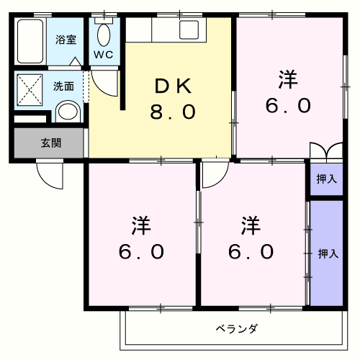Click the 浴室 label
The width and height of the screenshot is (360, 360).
click(66, 40)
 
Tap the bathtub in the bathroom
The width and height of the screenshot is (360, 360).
click(31, 42)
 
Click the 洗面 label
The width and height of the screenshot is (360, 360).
click(63, 86)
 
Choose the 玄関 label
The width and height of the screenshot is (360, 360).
click(50, 143)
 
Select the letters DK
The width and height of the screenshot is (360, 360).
click(173, 86)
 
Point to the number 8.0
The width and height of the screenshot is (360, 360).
click(173, 113)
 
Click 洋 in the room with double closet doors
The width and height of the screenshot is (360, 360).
click(288, 79)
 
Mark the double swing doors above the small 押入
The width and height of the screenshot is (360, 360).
click(325, 153)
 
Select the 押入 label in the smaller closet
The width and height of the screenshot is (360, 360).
click(326, 179)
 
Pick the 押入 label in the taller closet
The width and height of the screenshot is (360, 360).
click(328, 253)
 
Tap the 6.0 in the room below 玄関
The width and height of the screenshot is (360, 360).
click(141, 252)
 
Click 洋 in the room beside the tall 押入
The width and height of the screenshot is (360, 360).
click(251, 225)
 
